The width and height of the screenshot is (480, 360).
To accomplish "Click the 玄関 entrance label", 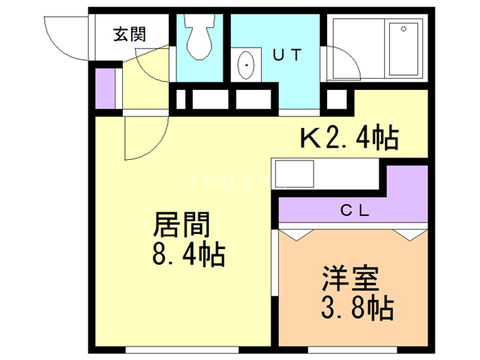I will (129, 34).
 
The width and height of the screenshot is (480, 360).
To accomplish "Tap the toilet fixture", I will (199, 37).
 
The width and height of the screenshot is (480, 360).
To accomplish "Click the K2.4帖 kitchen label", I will (349, 138).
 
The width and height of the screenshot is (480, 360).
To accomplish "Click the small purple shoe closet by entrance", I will (106, 88).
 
